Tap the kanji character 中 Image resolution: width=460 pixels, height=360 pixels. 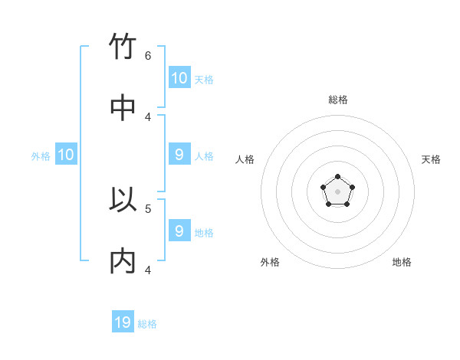(x=123, y=108)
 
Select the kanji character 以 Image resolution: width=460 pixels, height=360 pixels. (x=123, y=200)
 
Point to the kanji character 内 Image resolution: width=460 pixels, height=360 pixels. (x=123, y=261)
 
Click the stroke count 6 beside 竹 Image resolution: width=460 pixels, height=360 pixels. (x=148, y=55)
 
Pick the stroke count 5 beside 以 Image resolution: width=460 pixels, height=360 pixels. (x=148, y=208)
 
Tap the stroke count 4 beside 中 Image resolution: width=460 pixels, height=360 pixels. (x=148, y=116)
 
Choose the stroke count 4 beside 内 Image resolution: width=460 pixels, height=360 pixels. (x=148, y=270)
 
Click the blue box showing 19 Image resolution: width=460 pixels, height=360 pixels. (x=123, y=322)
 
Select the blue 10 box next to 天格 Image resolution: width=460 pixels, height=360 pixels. (x=179, y=77)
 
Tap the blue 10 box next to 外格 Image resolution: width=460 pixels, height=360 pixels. (x=66, y=155)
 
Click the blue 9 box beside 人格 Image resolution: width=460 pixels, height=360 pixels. (x=179, y=155)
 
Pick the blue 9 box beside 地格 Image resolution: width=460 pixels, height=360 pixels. (x=179, y=231)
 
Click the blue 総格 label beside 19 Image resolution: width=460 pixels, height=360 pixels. (x=147, y=324)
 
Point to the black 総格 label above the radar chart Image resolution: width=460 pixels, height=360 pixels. (x=338, y=100)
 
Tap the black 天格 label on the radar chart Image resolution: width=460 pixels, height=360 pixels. (x=431, y=159)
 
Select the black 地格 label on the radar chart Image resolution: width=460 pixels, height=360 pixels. (x=402, y=262)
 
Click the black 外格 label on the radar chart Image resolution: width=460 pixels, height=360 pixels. (x=270, y=262)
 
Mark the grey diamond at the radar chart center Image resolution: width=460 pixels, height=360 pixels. (x=337, y=191)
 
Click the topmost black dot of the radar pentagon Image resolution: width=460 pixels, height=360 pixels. (x=337, y=177)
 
